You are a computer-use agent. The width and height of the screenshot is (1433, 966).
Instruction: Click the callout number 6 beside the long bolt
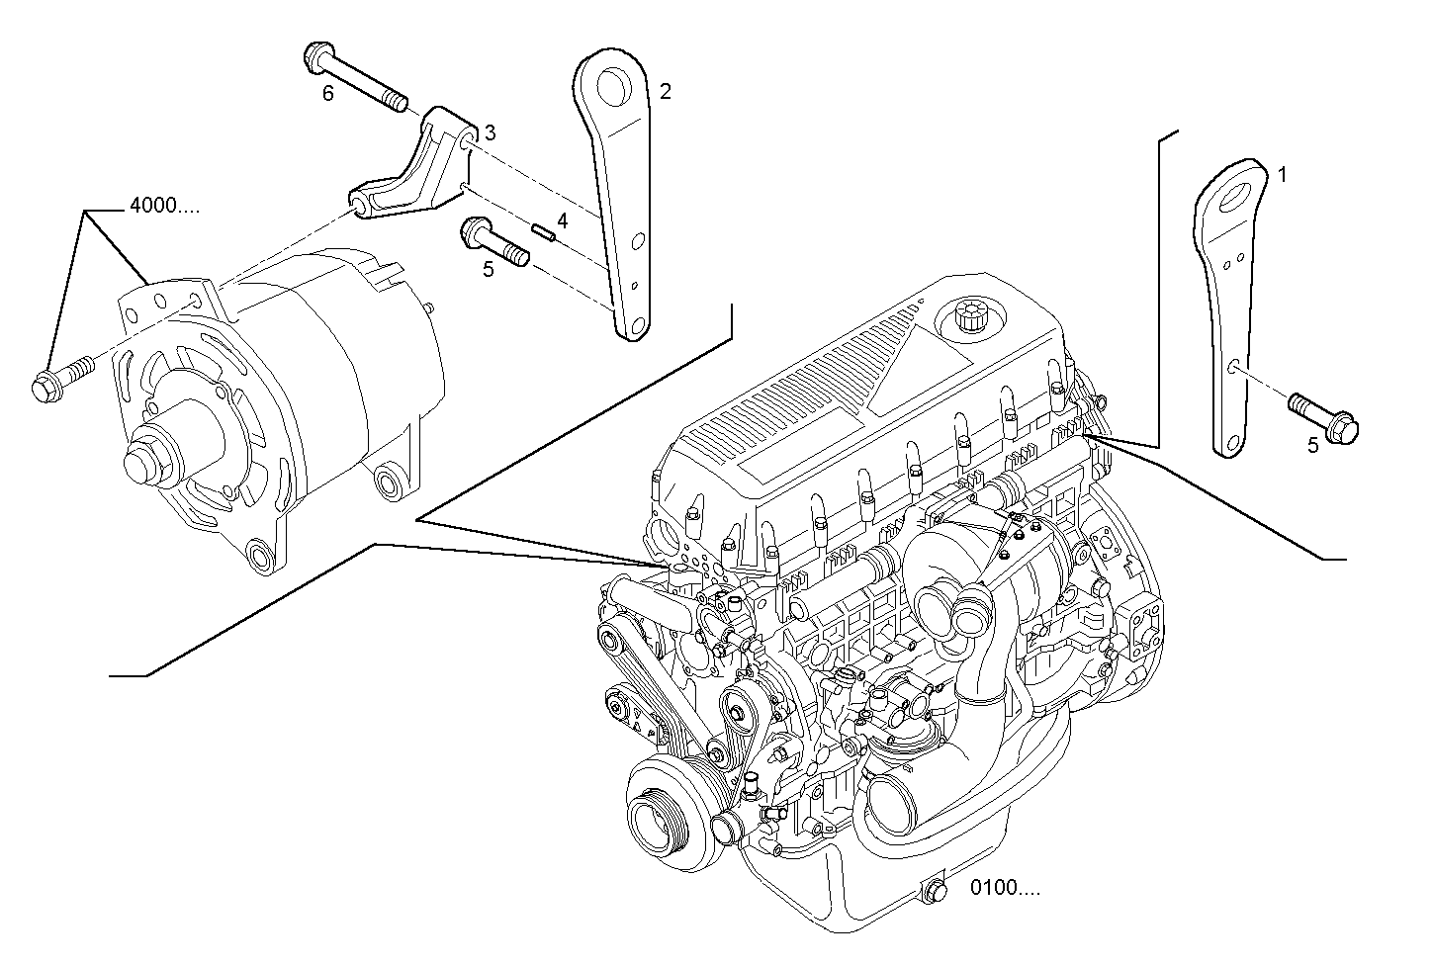tap(328, 93)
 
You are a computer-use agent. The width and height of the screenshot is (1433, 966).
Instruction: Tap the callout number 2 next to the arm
tap(666, 91)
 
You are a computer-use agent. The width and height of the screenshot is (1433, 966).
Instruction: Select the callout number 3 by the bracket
tap(490, 132)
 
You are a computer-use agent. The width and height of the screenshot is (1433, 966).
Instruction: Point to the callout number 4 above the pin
tap(562, 221)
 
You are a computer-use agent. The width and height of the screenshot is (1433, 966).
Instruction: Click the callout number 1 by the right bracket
tap(1282, 175)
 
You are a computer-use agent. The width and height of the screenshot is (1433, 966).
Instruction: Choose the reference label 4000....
tap(165, 207)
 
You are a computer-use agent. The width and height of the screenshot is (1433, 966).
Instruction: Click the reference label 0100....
tap(1005, 888)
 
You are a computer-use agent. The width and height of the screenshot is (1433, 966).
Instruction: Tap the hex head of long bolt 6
tap(318, 56)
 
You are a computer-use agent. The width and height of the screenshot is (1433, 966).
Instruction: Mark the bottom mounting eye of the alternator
tap(261, 556)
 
